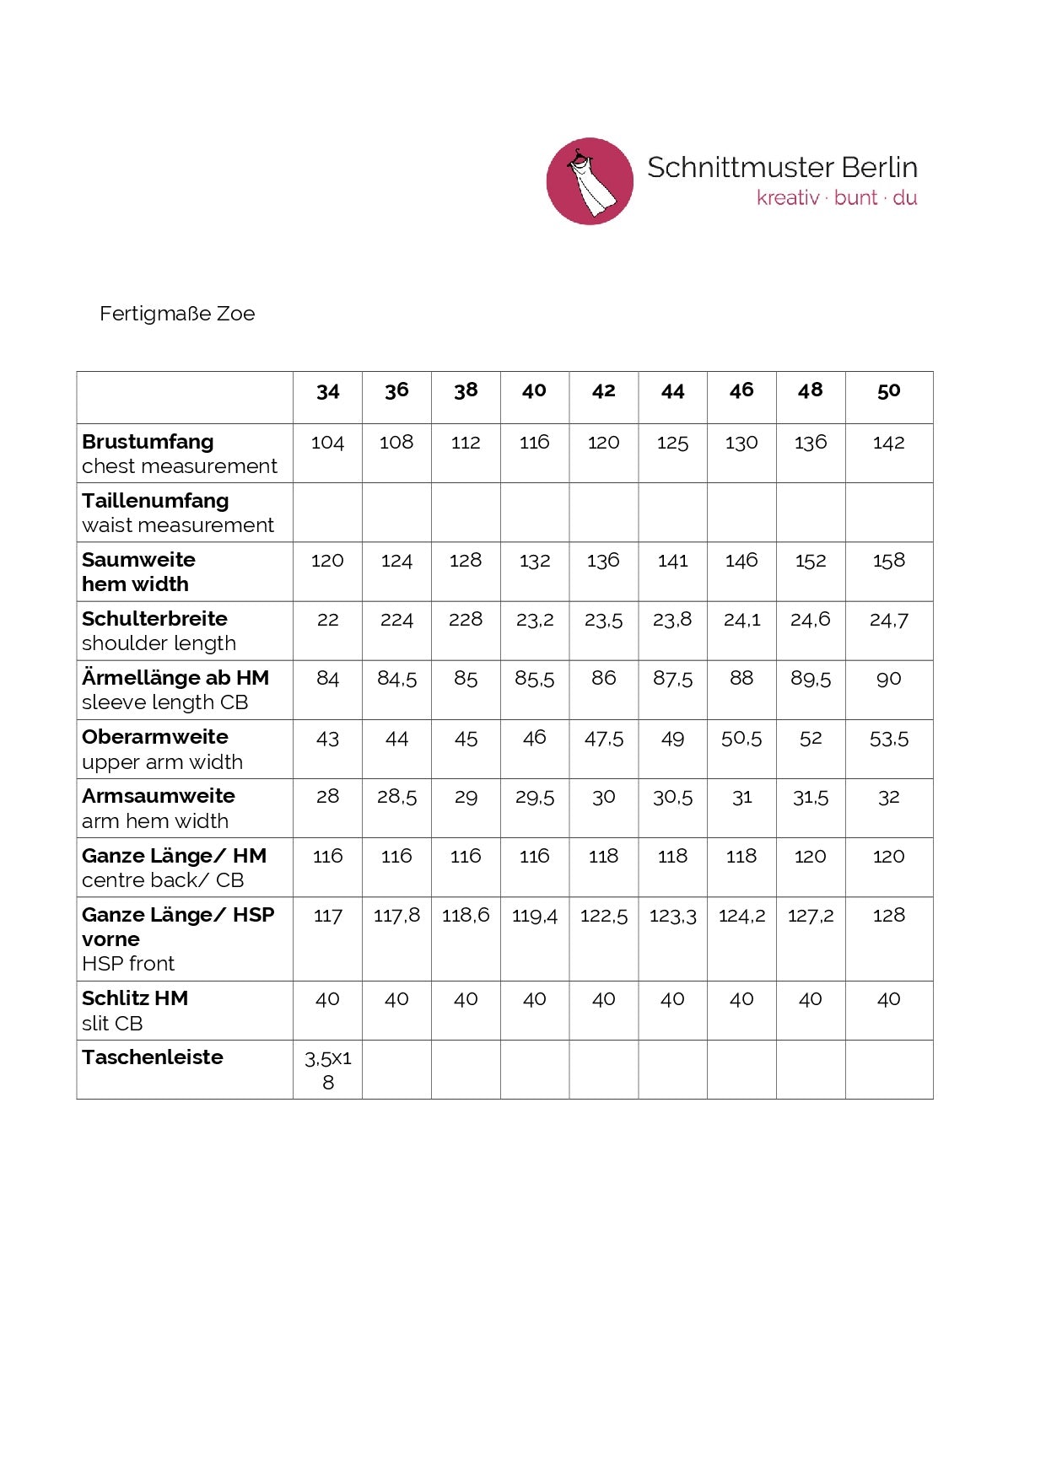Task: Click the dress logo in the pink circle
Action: tap(590, 181)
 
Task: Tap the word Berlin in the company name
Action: tap(879, 168)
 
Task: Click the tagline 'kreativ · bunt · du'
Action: tap(836, 198)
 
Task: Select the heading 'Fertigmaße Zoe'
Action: tap(177, 314)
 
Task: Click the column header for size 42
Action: tap(603, 391)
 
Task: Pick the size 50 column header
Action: tap(888, 391)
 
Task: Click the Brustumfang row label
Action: tap(148, 442)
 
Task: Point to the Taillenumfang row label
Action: tap(155, 501)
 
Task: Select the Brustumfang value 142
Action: tap(888, 443)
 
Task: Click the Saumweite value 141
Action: tap(672, 561)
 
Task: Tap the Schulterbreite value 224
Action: tap(396, 620)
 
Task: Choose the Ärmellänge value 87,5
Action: tap(672, 679)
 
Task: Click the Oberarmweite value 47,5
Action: tap(603, 739)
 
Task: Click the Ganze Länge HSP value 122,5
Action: tap(603, 916)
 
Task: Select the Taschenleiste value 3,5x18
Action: tap(328, 1069)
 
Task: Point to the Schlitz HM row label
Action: tap(135, 998)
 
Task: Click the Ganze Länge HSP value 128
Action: tap(888, 916)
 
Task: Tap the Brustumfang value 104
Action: tap(327, 443)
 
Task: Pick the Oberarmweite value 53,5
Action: tap(888, 739)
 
